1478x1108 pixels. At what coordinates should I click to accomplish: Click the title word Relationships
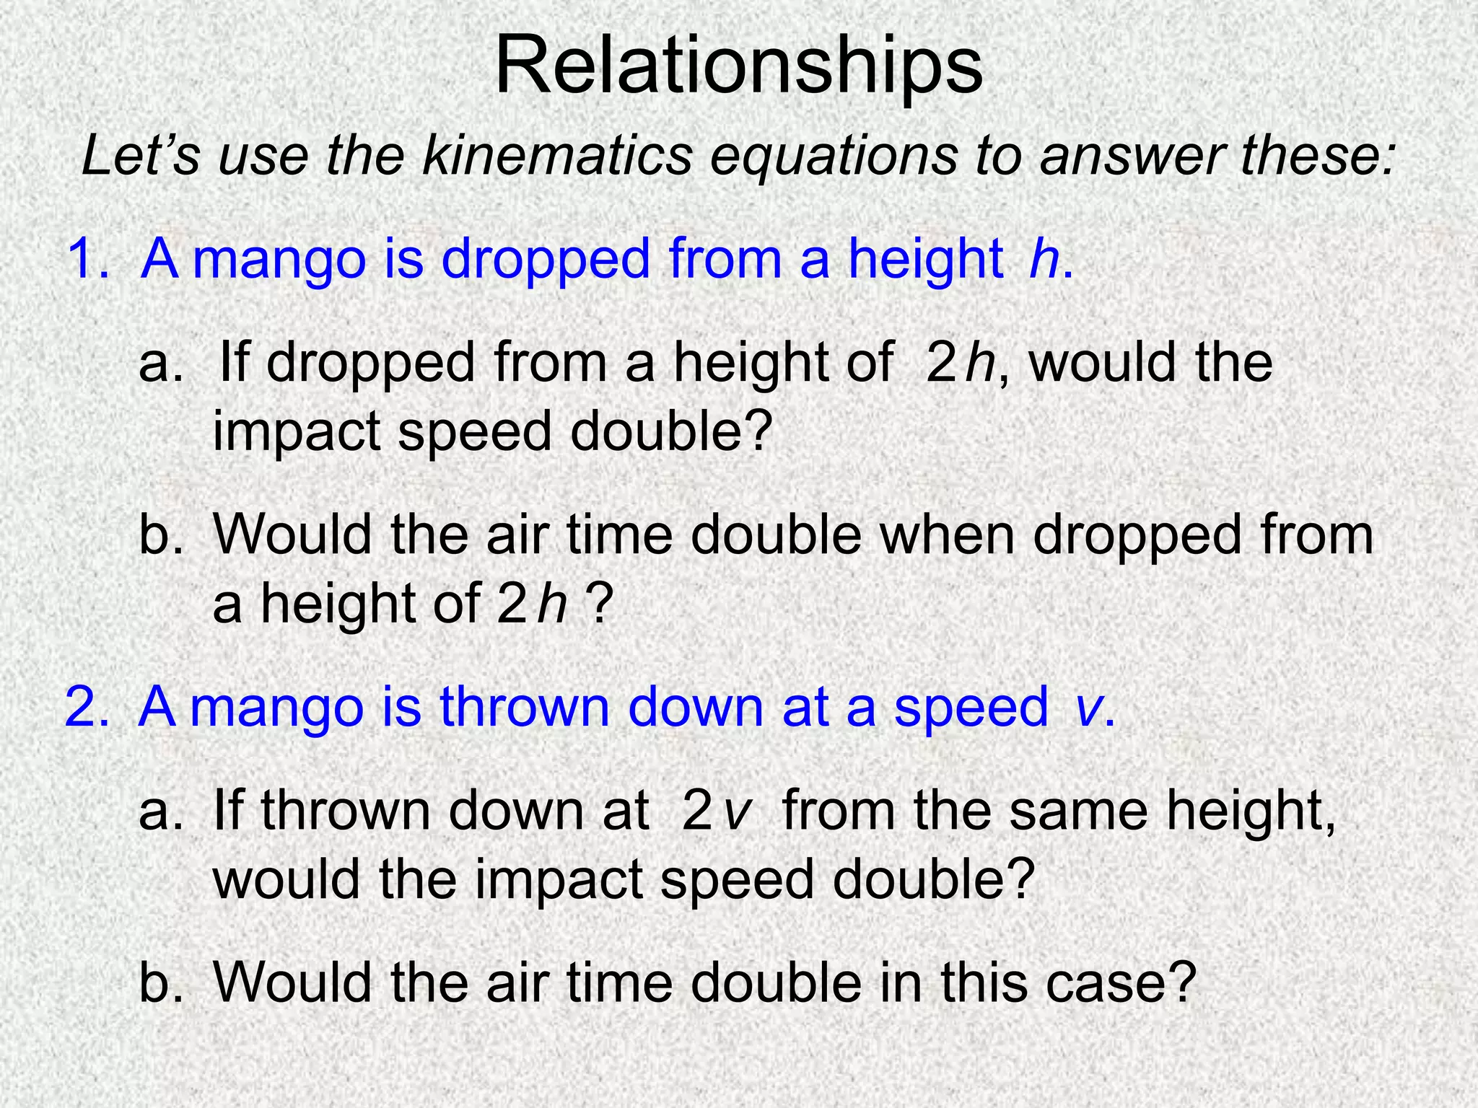point(738,66)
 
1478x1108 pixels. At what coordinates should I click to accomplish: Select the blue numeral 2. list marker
point(87,706)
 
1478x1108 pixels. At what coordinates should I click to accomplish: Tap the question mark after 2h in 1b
point(600,603)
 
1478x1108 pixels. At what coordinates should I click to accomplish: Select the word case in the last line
point(1107,982)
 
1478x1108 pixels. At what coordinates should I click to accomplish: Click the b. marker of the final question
point(160,982)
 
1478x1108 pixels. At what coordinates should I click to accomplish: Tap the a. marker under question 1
point(160,362)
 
